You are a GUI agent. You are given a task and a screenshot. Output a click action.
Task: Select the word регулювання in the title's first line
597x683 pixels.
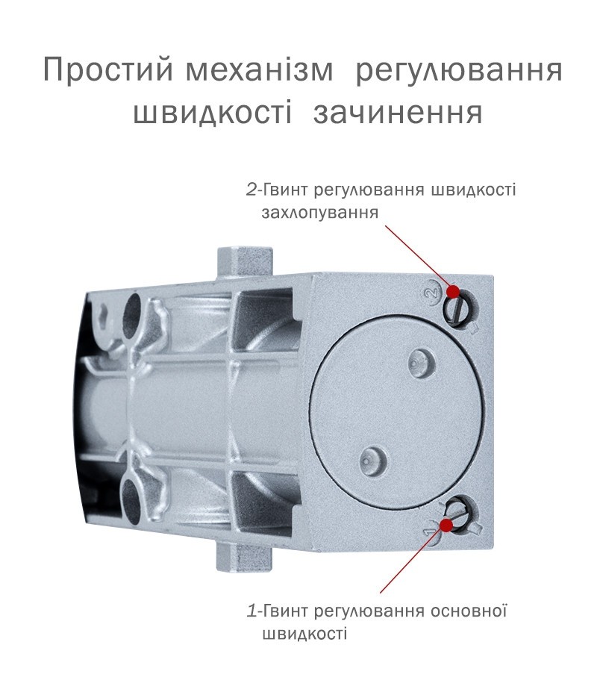coord(459,70)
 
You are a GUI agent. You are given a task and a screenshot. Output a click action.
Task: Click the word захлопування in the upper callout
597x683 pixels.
coord(320,213)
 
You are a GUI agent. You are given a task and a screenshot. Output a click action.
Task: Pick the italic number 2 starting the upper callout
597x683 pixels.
coord(251,190)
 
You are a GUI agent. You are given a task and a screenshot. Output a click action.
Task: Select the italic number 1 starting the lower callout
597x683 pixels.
coord(252,611)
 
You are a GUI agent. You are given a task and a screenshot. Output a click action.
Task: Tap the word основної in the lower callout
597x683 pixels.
coord(469,611)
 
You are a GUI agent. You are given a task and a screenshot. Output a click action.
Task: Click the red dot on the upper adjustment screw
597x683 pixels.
coord(453,291)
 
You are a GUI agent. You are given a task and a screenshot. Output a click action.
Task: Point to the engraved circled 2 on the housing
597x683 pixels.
coord(431,293)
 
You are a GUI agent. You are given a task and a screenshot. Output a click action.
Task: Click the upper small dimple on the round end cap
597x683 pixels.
coord(421,361)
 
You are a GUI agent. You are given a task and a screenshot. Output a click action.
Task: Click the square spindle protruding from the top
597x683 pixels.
coord(245,262)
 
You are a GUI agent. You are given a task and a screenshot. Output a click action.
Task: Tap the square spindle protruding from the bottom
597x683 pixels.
coord(244,556)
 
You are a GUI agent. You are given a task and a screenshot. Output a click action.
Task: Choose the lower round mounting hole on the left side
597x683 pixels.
coord(132,498)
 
